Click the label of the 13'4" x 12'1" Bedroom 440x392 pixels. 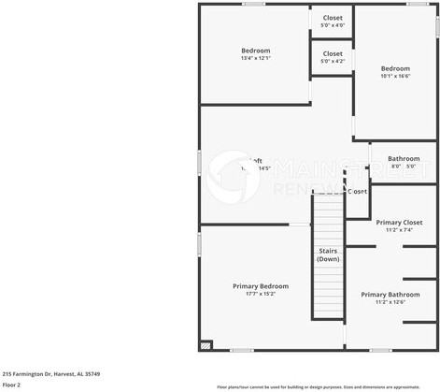[255, 51]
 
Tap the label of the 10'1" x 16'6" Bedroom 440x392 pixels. [394, 68]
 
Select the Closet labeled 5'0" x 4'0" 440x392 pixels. [333, 18]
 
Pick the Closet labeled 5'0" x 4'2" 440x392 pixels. [333, 53]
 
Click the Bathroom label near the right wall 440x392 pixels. [404, 159]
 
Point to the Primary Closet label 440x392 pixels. [399, 223]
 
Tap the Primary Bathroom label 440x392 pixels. [390, 294]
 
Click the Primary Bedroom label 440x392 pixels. [260, 286]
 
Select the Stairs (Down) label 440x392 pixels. [328, 254]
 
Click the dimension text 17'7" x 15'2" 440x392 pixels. [260, 294]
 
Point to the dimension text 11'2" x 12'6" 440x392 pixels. [390, 301]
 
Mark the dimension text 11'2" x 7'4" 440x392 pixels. [399, 230]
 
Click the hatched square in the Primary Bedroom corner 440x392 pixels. [206, 344]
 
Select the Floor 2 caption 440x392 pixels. [11, 385]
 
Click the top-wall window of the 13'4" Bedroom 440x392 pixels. [253, 4]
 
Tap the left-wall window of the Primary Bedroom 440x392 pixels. [199, 244]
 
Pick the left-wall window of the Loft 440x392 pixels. [199, 161]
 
